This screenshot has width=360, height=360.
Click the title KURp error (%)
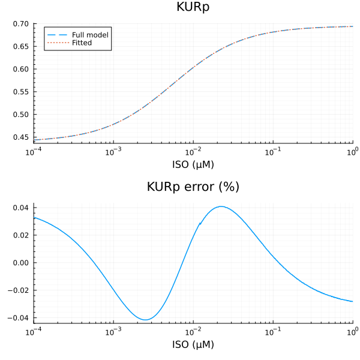[193, 187]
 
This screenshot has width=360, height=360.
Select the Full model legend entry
[89, 35]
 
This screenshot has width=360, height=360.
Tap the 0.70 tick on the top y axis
[21, 24]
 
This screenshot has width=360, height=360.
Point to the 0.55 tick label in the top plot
[21, 92]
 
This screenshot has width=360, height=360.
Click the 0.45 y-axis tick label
[21, 137]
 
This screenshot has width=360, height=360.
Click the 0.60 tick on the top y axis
[21, 69]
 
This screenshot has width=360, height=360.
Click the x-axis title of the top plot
[193, 164]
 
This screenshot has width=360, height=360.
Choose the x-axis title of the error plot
[193, 344]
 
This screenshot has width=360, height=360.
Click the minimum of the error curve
[146, 319]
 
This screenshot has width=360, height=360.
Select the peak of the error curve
[221, 206]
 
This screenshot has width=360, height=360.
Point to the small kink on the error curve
[200, 223]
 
